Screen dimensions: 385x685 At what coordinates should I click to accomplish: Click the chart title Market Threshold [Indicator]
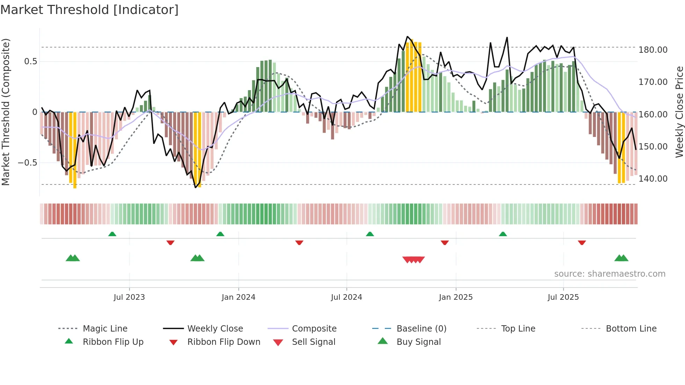pos(89,10)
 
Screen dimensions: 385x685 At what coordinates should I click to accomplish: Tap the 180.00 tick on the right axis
pos(653,50)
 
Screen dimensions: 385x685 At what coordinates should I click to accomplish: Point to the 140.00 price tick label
pos(653,179)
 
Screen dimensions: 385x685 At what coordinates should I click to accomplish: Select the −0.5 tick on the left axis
pos(27,163)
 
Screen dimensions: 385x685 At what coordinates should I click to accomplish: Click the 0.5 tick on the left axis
pos(30,61)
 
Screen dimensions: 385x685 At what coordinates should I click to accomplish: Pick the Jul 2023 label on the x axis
pos(129,297)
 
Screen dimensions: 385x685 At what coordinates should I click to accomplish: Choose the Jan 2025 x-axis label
pos(456,297)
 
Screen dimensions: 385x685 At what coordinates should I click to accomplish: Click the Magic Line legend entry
pos(105,329)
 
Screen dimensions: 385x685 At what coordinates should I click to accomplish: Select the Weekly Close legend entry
pos(215,329)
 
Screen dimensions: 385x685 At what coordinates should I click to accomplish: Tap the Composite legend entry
pos(314,329)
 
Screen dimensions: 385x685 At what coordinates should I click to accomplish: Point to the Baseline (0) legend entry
pos(421,329)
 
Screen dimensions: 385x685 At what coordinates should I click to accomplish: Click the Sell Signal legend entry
pos(313,342)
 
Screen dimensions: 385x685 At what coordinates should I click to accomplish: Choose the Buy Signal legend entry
pos(418,342)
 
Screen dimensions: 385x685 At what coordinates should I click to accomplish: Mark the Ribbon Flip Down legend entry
pos(224,342)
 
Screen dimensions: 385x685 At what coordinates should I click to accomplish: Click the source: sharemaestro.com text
pos(610,274)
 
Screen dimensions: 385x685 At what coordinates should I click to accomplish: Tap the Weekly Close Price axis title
pos(679,112)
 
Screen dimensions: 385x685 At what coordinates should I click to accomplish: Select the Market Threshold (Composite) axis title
pos(6,112)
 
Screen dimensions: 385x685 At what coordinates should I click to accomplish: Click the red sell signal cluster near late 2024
pos(413,260)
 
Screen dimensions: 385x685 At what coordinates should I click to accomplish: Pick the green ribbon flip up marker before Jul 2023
pos(112,234)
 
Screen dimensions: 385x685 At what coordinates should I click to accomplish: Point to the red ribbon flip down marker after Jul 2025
pos(582,242)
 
